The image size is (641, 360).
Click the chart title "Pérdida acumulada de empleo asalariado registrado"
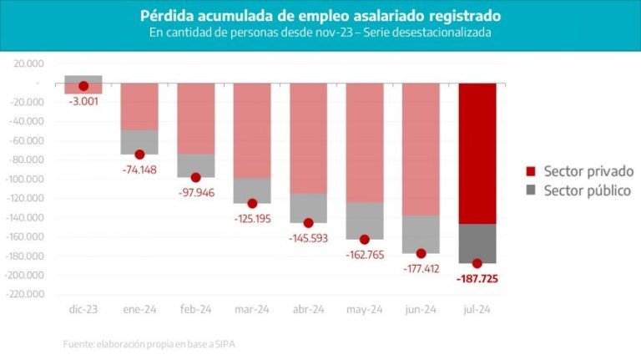pyautogui.click(x=320, y=16)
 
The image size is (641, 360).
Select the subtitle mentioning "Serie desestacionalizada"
pyautogui.click(x=320, y=33)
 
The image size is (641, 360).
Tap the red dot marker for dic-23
pyautogui.click(x=83, y=86)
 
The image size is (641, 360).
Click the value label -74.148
pyautogui.click(x=139, y=170)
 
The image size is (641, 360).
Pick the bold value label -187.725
pyautogui.click(x=477, y=278)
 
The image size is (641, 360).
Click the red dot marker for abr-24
pyautogui.click(x=308, y=223)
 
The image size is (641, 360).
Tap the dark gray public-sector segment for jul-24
pyautogui.click(x=477, y=242)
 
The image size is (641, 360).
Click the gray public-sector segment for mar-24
pyautogui.click(x=252, y=190)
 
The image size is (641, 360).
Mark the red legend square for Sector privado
pyautogui.click(x=531, y=171)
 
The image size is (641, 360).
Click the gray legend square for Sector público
pyautogui.click(x=531, y=191)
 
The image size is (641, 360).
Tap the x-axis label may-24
pyautogui.click(x=365, y=309)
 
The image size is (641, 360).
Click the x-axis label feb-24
pyautogui.click(x=196, y=309)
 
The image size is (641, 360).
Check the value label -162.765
pyautogui.click(x=365, y=255)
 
